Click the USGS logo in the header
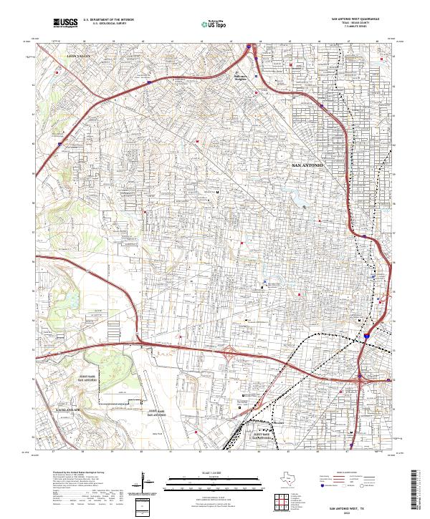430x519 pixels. [65, 24]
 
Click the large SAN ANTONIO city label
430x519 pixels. [309, 165]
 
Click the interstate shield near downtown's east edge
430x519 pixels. [365, 334]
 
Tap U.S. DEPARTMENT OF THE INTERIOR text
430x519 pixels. [105, 19]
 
